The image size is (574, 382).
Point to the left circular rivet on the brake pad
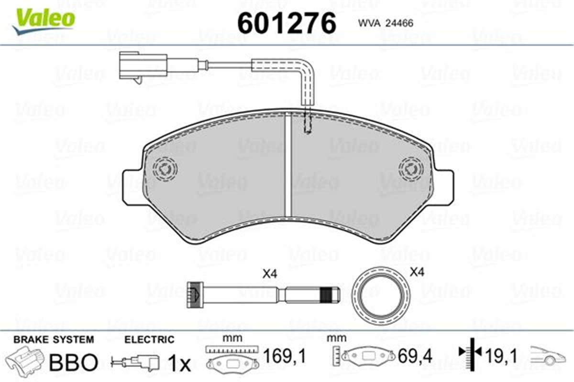pyautogui.click(x=165, y=169)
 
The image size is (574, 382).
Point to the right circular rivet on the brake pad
pyautogui.click(x=411, y=169)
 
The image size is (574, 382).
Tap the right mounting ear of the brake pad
pyautogui.click(x=444, y=186)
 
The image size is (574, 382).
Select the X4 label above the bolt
pyautogui.click(x=270, y=274)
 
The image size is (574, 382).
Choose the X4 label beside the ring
pyautogui.click(x=417, y=273)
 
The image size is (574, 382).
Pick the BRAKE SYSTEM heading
pyautogui.click(x=54, y=340)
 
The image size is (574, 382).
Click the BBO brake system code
pyautogui.click(x=73, y=362)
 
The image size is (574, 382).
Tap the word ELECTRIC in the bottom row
pyautogui.click(x=149, y=340)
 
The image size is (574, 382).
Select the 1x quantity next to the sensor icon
pyautogui.click(x=180, y=364)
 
